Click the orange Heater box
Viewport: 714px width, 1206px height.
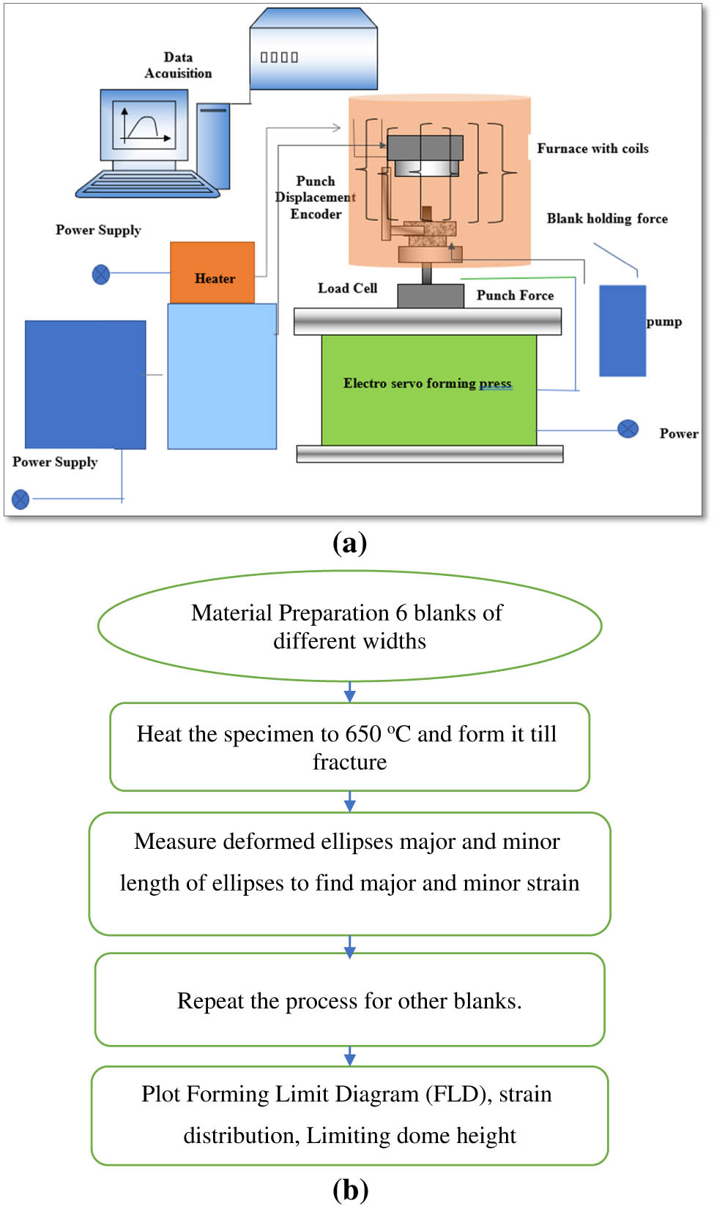(x=212, y=273)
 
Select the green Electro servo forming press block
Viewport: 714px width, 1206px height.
(x=428, y=389)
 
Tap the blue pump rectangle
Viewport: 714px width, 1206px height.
(x=622, y=331)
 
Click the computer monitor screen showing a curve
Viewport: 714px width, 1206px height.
(x=144, y=124)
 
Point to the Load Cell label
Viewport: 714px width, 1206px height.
(x=347, y=288)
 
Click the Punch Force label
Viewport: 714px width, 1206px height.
(x=515, y=296)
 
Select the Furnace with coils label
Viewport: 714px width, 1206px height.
(x=592, y=149)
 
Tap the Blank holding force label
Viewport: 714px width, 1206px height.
(x=607, y=219)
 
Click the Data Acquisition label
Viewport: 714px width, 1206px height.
(x=178, y=65)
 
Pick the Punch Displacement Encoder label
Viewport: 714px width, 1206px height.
(x=316, y=198)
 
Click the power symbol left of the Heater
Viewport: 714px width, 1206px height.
(x=101, y=274)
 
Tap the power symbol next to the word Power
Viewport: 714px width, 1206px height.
(x=628, y=429)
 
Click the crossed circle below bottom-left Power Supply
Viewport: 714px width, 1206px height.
(x=21, y=499)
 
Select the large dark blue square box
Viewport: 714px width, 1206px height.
(x=85, y=384)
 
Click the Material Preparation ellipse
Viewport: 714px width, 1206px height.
(x=349, y=626)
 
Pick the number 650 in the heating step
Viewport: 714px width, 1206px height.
(x=363, y=734)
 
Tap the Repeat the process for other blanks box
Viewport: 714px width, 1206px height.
(x=349, y=1000)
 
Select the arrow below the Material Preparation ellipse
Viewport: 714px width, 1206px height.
(x=350, y=692)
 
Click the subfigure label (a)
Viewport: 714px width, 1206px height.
(x=349, y=543)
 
